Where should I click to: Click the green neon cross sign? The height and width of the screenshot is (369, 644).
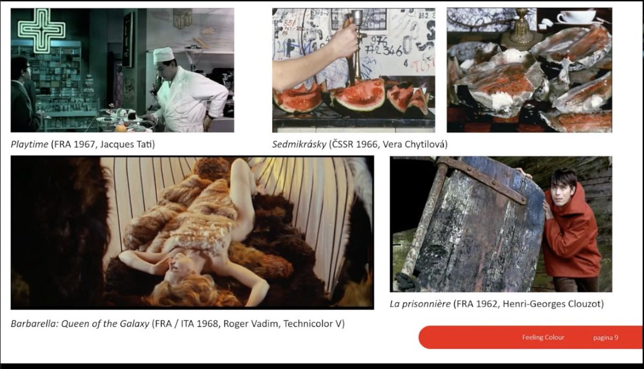point(41,31)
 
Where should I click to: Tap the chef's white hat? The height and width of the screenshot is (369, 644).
point(164,55)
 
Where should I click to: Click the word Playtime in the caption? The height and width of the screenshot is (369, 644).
point(30,144)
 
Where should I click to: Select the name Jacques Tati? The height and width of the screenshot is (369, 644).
point(127,144)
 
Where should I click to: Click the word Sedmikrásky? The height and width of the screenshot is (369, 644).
point(299,144)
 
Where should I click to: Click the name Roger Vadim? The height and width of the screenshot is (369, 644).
point(251,324)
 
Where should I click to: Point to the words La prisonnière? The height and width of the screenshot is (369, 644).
point(420,304)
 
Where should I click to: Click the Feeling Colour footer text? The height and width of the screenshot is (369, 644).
point(543,337)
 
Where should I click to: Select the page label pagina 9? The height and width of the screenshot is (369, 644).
point(605,338)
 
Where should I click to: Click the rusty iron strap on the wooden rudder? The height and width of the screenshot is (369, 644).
point(482,178)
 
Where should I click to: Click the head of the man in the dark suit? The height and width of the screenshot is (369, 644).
point(20,68)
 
